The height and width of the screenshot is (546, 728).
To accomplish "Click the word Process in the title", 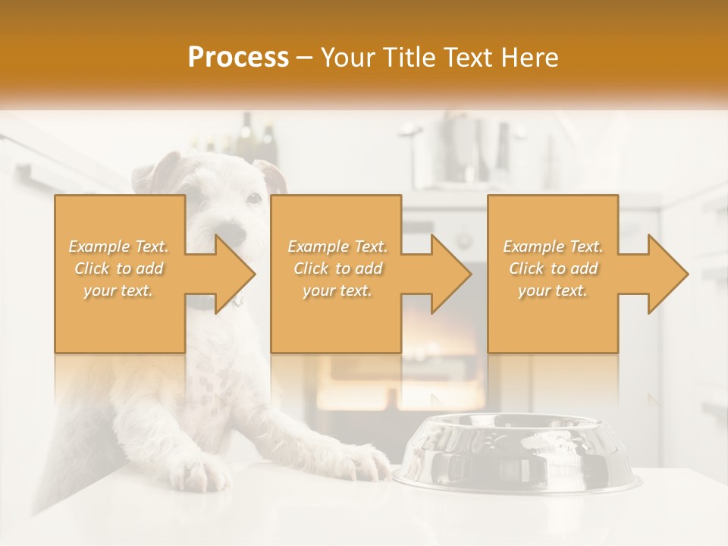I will click(x=238, y=58).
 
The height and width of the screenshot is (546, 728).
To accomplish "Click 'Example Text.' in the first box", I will click(x=119, y=246).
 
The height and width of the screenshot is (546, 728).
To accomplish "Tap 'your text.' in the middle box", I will click(x=337, y=290).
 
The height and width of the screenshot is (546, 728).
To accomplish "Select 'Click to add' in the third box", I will click(x=553, y=268).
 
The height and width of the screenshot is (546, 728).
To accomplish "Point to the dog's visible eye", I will click(x=254, y=199).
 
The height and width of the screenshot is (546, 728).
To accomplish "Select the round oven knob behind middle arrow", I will click(x=463, y=241).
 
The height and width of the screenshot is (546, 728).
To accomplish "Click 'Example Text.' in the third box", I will click(x=553, y=246).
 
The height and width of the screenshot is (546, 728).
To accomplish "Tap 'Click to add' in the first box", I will click(x=119, y=268).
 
